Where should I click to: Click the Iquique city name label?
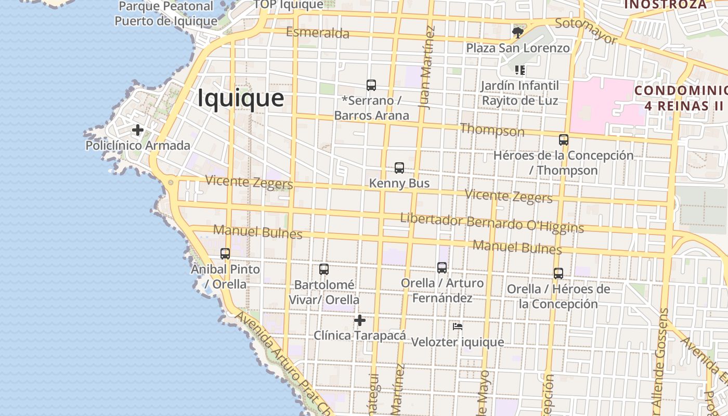click(241, 98)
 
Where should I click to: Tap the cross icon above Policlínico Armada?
click(137, 130)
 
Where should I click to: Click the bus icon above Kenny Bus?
click(399, 168)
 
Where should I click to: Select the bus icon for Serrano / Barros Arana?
click(371, 85)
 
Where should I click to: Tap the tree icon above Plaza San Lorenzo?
click(517, 33)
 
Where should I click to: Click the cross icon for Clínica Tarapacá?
click(359, 320)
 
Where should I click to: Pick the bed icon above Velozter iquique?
click(458, 327)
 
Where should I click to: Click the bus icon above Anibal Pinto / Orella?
click(225, 254)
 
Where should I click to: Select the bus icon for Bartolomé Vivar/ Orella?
click(323, 269)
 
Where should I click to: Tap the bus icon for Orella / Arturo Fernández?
click(441, 268)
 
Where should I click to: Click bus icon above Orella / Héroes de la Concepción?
click(558, 274)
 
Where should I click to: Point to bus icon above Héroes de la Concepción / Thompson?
click(563, 140)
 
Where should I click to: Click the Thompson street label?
click(492, 130)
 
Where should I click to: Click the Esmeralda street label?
click(317, 33)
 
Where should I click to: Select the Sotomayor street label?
click(586, 31)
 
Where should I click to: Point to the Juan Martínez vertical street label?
click(426, 68)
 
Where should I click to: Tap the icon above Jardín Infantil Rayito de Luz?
click(519, 70)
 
